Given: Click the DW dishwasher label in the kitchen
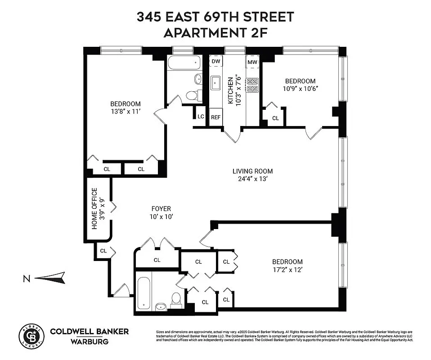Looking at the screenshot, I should pyautogui.click(x=216, y=61).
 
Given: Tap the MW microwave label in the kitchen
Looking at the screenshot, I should pyautogui.click(x=252, y=61).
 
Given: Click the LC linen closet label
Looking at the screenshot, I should pyautogui.click(x=201, y=117).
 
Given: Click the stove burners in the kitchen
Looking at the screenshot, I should pyautogui.click(x=252, y=85).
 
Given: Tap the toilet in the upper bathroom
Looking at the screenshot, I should pyautogui.click(x=192, y=95).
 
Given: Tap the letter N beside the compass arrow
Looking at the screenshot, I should pyautogui.click(x=26, y=279).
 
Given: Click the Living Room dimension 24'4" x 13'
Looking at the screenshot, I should pyautogui.click(x=252, y=179).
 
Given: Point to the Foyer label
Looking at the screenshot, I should pyautogui.click(x=161, y=208).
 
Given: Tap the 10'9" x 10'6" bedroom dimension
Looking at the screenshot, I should pyautogui.click(x=299, y=89).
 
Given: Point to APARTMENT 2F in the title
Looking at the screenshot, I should pyautogui.click(x=215, y=32).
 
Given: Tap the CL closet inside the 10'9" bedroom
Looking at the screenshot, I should pyautogui.click(x=275, y=118).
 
